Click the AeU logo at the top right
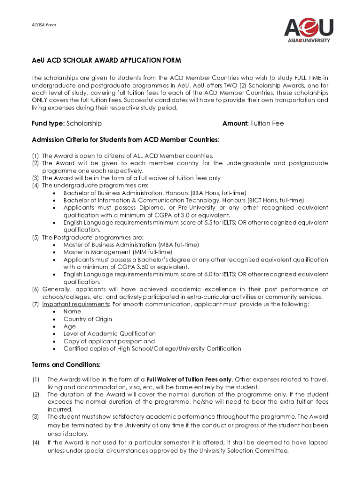coord(309,29)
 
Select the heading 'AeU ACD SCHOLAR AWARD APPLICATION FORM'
coord(106,61)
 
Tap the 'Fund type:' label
coord(48,123)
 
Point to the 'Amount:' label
coord(235,123)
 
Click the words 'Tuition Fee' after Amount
coord(267,123)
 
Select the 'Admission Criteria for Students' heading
coord(126,140)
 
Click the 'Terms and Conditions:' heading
coord(66,365)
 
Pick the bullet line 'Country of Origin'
coord(88,319)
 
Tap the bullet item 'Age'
coord(70,327)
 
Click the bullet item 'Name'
coord(72,312)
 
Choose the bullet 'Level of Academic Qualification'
coord(109,334)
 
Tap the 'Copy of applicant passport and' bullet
coord(109,341)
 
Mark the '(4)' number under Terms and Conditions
coord(36,443)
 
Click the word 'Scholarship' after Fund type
coord(84,123)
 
